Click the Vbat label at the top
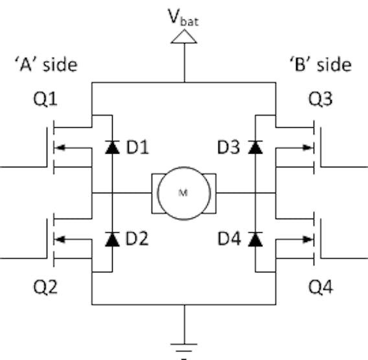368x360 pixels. [183, 17]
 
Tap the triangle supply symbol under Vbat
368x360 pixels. [184, 37]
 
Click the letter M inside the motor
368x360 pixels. [183, 193]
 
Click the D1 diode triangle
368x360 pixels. [113, 147]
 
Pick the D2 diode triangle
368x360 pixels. [113, 239]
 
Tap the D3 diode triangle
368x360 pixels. [255, 147]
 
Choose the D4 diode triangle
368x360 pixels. [255, 239]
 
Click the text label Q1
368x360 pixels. [45, 99]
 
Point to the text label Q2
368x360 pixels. [45, 287]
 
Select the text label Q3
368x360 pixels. [320, 99]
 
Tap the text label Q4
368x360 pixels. [321, 287]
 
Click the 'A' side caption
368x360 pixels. [46, 65]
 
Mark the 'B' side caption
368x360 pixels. [321, 65]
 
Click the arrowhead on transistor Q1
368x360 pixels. [60, 148]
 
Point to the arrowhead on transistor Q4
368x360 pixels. [308, 239]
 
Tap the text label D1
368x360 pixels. [137, 147]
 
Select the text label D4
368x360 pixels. [229, 239]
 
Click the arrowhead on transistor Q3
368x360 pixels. [308, 148]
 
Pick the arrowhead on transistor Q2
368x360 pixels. [60, 239]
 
